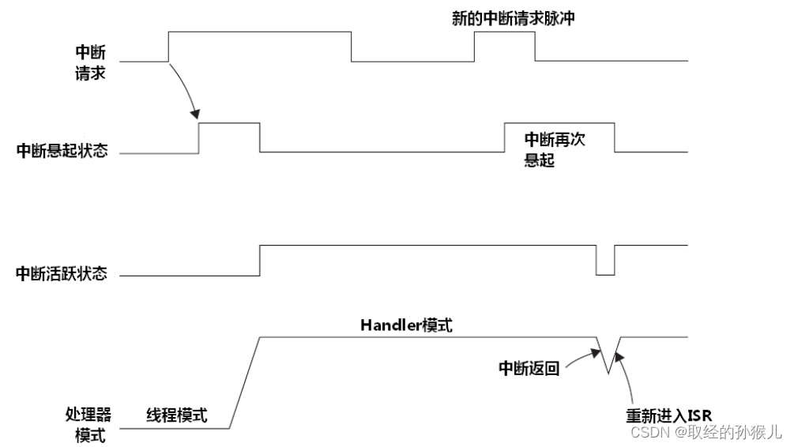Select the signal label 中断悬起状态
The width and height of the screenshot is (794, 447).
(62, 152)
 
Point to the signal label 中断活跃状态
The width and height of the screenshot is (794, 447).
(62, 275)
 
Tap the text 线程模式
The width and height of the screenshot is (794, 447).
(177, 415)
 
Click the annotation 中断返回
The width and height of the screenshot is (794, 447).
(529, 368)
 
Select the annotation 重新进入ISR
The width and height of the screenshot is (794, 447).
(669, 416)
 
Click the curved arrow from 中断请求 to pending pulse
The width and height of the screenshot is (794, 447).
(184, 88)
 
